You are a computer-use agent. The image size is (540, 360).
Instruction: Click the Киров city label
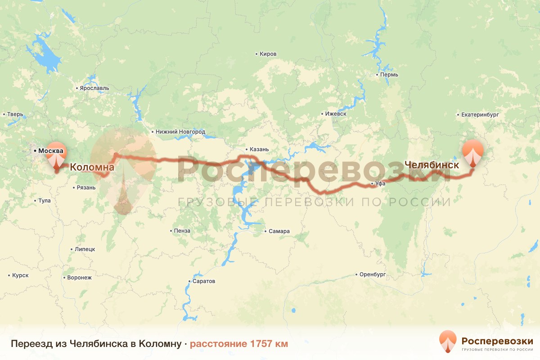[268, 54]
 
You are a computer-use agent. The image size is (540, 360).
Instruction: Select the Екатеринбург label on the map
[480, 115]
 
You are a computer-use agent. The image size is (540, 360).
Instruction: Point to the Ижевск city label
[336, 114]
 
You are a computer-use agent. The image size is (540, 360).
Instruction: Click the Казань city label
[259, 149]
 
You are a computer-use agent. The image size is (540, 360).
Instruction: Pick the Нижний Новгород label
[180, 132]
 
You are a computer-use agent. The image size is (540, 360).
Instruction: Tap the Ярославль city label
[94, 88]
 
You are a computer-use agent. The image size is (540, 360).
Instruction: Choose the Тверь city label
[15, 114]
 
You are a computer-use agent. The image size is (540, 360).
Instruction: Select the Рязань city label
[86, 188]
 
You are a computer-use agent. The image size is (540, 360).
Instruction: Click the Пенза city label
[182, 231]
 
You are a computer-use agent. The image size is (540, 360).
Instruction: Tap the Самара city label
[279, 231]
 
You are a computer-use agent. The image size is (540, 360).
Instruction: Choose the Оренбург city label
[373, 274]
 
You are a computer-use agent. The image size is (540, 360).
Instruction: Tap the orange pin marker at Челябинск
[472, 153]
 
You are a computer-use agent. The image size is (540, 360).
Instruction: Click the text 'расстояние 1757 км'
[238, 344]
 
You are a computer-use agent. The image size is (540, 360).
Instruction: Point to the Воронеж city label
[79, 278]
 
